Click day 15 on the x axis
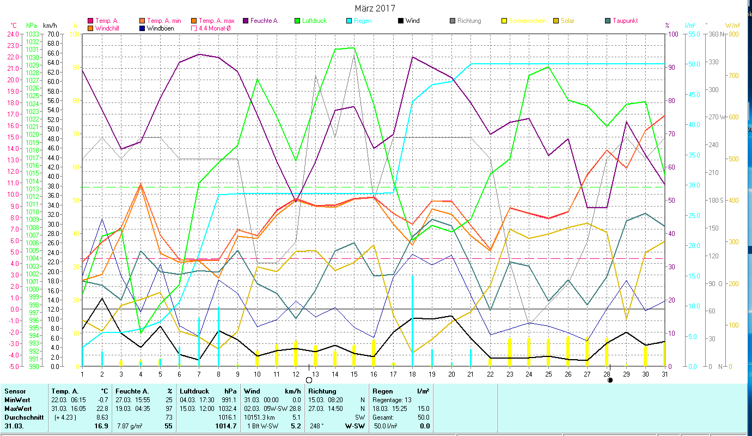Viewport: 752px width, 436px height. click(x=354, y=373)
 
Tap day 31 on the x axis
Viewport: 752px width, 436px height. click(x=664, y=373)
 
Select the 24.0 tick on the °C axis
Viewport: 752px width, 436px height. click(x=12, y=34)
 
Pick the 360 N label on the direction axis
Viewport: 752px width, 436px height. click(x=715, y=34)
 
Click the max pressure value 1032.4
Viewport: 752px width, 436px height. click(x=227, y=409)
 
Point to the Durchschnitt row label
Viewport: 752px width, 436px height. click(x=21, y=417)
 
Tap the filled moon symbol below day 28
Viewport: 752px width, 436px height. click(x=610, y=380)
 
